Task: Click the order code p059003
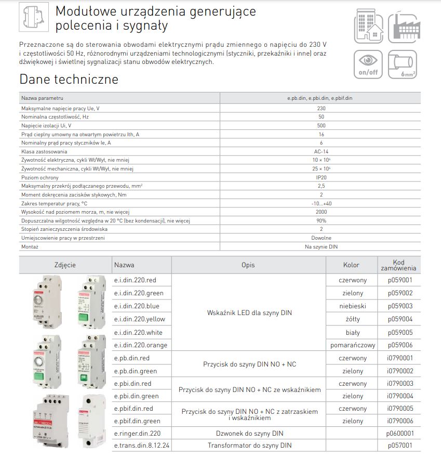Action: pyautogui.click(x=399, y=306)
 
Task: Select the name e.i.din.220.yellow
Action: pyautogui.click(x=139, y=319)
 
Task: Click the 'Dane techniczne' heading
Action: pyautogui.click(x=69, y=80)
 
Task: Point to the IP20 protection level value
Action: pyautogui.click(x=320, y=177)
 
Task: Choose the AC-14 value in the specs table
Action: pyautogui.click(x=320, y=151)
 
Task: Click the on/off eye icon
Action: pyautogui.click(x=368, y=64)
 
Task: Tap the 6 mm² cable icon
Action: pyautogui.click(x=403, y=64)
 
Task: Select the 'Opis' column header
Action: pyautogui.click(x=248, y=265)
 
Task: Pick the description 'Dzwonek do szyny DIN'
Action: pyautogui.click(x=248, y=433)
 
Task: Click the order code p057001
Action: pyautogui.click(x=399, y=446)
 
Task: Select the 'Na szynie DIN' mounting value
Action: pyautogui.click(x=320, y=247)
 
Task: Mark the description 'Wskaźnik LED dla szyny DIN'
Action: pyautogui.click(x=248, y=313)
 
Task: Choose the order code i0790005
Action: pyautogui.click(x=399, y=409)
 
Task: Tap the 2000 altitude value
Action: pyautogui.click(x=320, y=212)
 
